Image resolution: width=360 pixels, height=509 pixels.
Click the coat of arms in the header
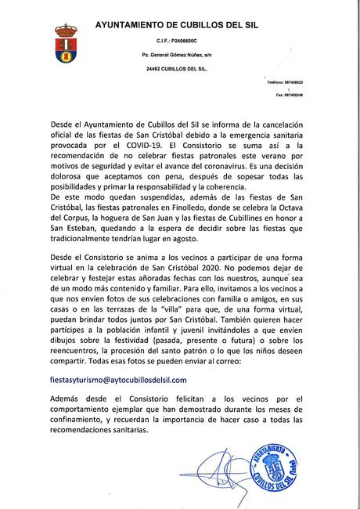[65, 45]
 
